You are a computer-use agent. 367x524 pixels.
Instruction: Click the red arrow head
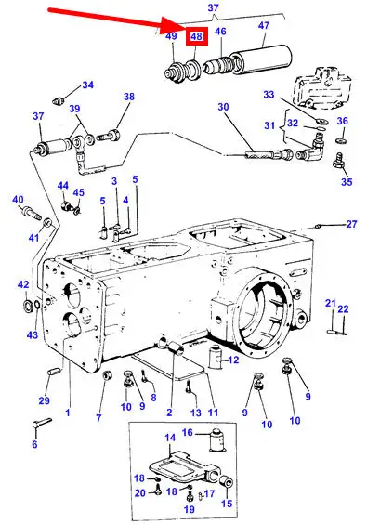point(172,25)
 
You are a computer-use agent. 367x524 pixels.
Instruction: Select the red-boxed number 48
point(197,35)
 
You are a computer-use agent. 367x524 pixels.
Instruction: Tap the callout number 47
point(264,25)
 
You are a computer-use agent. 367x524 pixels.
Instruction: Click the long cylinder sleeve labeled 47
point(262,59)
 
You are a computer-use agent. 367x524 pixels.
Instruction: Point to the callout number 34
point(87,85)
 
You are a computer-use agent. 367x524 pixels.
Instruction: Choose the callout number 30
point(223,107)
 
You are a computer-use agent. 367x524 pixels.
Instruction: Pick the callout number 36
point(343,121)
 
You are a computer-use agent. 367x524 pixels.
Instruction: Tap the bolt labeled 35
point(339,160)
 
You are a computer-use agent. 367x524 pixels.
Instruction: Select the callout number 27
point(351,224)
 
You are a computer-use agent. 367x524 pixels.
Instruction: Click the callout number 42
point(23,284)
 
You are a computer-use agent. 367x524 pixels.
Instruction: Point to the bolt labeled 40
point(31,213)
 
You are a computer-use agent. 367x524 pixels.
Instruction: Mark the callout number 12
point(233,360)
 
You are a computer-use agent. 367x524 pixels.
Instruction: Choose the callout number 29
point(44,400)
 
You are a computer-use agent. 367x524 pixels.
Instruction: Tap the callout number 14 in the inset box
point(170,438)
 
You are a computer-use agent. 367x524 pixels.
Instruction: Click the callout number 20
point(140,493)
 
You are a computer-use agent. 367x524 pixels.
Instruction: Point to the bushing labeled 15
point(227,483)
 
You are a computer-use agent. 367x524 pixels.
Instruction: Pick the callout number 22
point(343,309)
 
